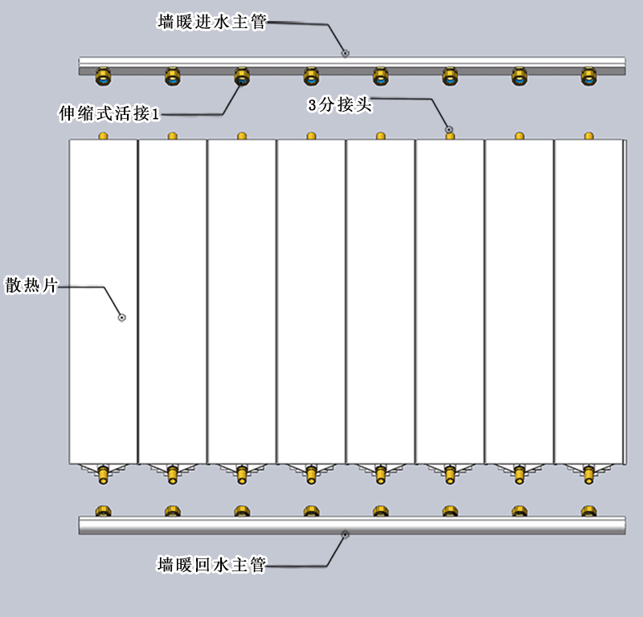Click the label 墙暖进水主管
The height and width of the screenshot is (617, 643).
click(211, 22)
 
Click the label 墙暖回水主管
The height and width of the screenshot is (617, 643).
click(211, 565)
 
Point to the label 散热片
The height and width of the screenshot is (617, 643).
click(30, 285)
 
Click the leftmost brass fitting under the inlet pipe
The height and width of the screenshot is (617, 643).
click(104, 77)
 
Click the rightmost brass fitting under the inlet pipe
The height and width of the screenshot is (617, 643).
click(589, 77)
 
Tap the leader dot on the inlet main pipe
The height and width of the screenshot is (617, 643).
click(345, 53)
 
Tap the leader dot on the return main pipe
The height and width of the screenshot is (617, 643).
click(345, 534)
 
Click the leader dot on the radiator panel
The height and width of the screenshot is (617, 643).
click(121, 317)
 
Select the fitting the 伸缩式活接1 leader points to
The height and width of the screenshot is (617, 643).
click(242, 77)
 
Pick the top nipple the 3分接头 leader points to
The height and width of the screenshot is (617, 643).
click(450, 135)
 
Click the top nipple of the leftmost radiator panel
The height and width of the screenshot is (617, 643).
click(103, 136)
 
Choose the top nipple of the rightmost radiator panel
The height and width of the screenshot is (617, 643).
click(589, 136)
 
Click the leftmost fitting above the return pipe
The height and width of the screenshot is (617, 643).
click(104, 511)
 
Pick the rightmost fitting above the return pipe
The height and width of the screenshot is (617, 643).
click(589, 511)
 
